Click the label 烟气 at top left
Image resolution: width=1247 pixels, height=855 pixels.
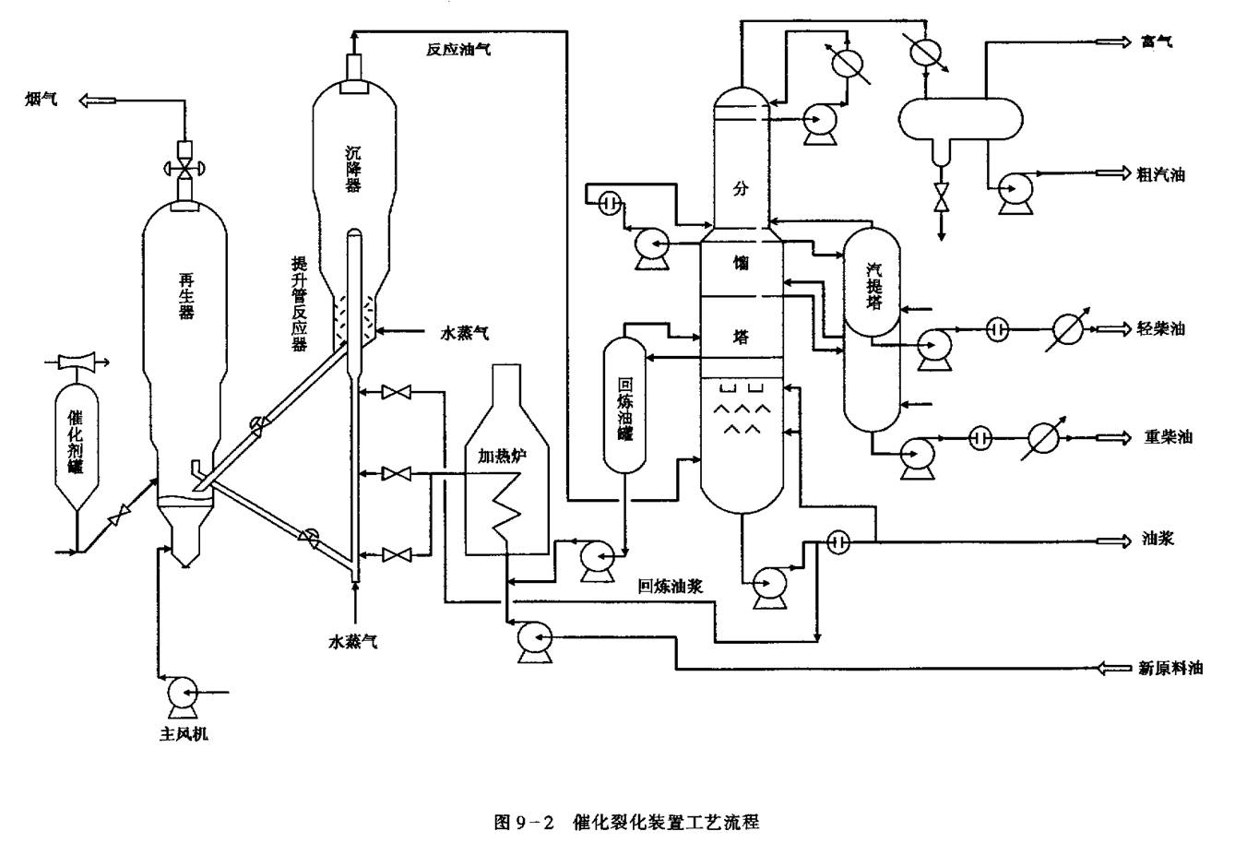(x=41, y=100)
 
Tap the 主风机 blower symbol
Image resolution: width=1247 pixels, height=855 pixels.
(x=179, y=692)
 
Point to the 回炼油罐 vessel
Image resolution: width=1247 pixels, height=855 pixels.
(x=625, y=406)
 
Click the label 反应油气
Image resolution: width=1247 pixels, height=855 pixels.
(x=457, y=49)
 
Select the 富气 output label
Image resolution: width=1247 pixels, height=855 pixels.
(x=1157, y=42)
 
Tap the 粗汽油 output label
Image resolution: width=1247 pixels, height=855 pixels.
(x=1161, y=174)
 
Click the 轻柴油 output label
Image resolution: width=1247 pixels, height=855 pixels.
(x=1161, y=328)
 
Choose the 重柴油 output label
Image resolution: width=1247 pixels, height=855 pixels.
(x=1168, y=437)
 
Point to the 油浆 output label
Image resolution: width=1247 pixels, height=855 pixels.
(x=1158, y=540)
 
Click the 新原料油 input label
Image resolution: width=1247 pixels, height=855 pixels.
(x=1170, y=668)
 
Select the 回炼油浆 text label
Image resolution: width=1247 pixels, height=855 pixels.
(x=671, y=586)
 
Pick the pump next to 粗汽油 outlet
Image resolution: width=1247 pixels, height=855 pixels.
(x=1015, y=191)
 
